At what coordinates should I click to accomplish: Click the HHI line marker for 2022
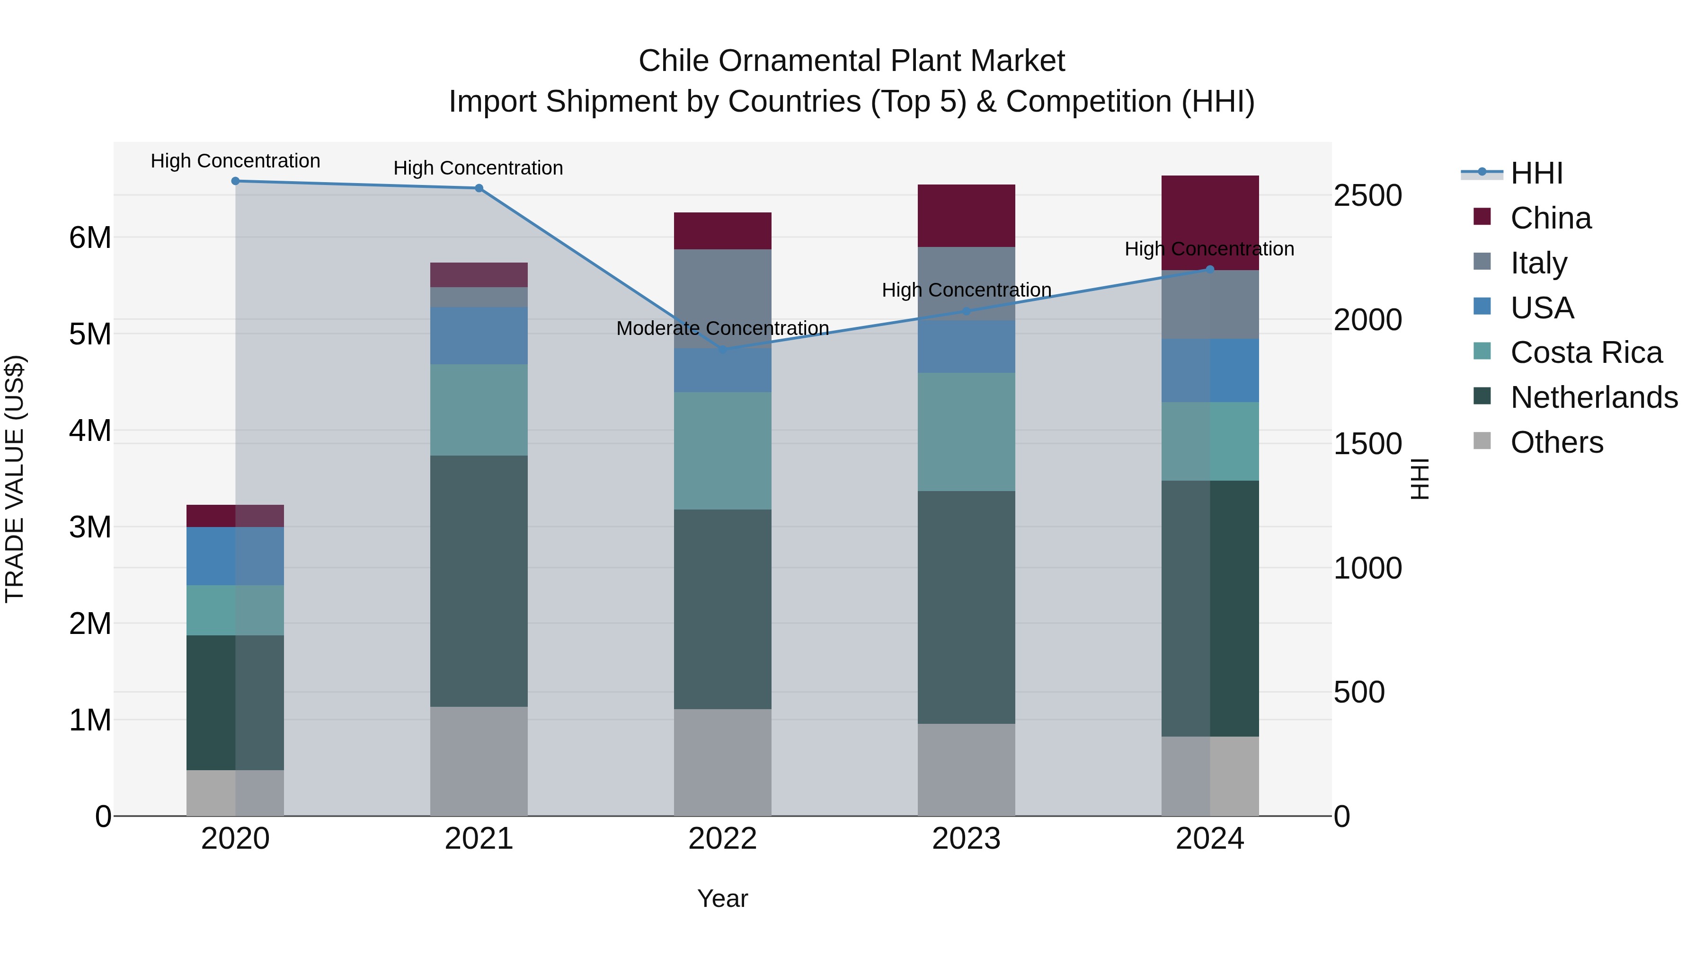(723, 349)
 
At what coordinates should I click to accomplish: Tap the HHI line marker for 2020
(236, 181)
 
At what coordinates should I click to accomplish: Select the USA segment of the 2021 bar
(479, 335)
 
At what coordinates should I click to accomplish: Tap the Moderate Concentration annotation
(722, 329)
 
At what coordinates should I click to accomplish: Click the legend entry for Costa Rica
(1586, 352)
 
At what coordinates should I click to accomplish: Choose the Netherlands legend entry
(1594, 397)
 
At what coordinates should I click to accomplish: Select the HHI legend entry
(1536, 173)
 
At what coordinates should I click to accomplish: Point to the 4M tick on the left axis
(90, 431)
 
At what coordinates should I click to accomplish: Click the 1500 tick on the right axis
(1367, 444)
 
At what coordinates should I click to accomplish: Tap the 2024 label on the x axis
(1210, 839)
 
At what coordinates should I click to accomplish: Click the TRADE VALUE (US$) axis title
(15, 479)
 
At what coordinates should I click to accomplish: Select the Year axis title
(722, 898)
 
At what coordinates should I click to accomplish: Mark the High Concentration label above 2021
(478, 168)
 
